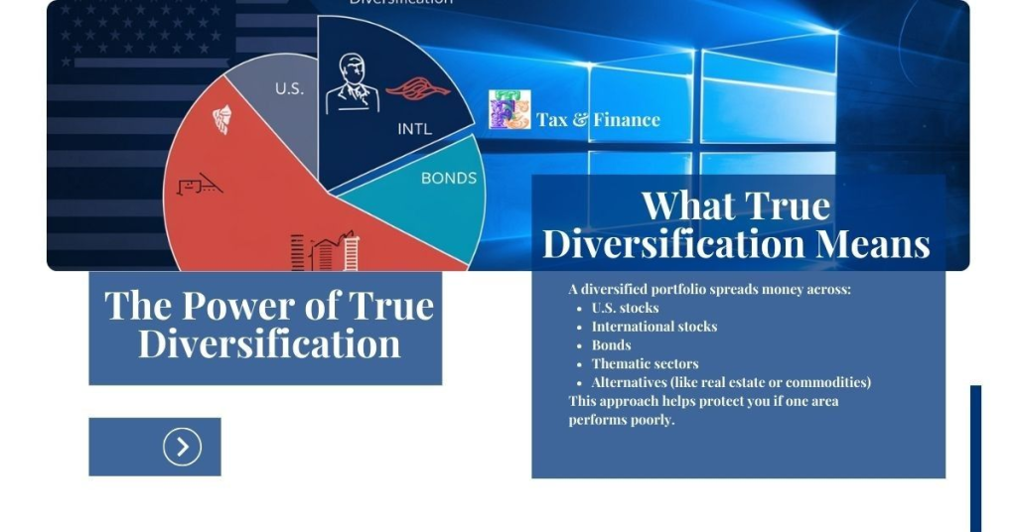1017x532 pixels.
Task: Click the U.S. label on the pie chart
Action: click(289, 88)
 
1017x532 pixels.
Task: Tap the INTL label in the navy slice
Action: click(414, 129)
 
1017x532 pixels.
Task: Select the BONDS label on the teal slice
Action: click(449, 179)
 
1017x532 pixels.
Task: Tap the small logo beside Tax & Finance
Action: click(509, 110)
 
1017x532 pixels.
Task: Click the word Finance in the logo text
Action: click(627, 120)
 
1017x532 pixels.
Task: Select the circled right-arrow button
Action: click(182, 447)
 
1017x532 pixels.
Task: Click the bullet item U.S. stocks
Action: click(625, 308)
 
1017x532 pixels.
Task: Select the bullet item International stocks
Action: click(654, 327)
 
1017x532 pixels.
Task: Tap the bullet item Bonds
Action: click(611, 345)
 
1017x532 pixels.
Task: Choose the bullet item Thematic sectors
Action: click(645, 364)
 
